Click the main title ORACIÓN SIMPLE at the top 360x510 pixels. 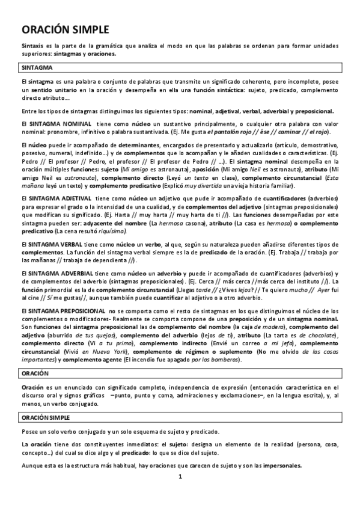click(66, 29)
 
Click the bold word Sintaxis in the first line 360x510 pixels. click(31, 46)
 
